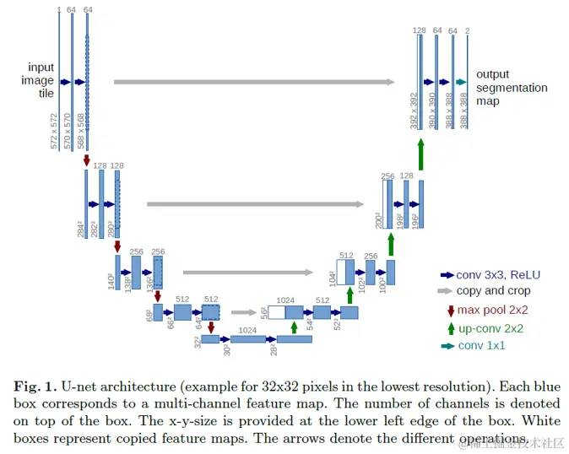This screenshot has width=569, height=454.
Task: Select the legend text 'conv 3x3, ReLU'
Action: [x=498, y=274]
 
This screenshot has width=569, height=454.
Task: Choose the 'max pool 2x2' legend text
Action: [x=493, y=310]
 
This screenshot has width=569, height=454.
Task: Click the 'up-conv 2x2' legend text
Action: [x=490, y=328]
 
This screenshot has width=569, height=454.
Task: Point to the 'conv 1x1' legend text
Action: [x=483, y=346]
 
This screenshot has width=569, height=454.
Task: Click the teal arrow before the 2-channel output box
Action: [x=460, y=82]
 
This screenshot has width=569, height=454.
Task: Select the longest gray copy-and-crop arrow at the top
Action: [x=253, y=82]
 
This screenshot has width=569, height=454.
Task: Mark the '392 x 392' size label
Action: [x=414, y=111]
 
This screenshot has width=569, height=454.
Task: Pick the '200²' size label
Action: [x=379, y=219]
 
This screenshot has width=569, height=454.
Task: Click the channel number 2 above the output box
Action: [x=467, y=30]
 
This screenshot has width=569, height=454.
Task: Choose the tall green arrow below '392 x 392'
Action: [x=420, y=156]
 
